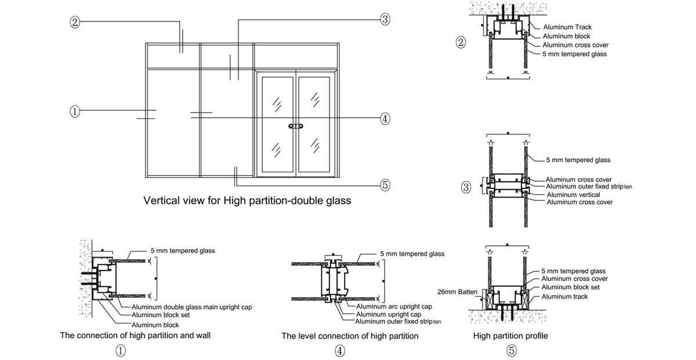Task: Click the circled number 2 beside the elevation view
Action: (74, 22)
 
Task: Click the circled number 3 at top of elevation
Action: (385, 20)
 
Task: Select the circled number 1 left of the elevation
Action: (74, 111)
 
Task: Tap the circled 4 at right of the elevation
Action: (385, 119)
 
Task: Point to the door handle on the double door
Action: (296, 125)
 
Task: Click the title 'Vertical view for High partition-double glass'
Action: (247, 201)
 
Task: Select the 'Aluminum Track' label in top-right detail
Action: (567, 27)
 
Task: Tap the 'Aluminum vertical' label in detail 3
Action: (573, 195)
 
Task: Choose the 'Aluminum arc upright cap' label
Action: (394, 306)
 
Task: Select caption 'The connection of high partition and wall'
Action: (135, 336)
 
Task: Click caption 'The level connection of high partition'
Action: (350, 336)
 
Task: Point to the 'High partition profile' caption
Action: (510, 336)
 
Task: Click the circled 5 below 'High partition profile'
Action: (511, 350)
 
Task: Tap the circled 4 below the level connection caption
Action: (340, 350)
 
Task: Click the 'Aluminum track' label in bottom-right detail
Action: (564, 296)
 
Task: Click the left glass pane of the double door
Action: (278, 125)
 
